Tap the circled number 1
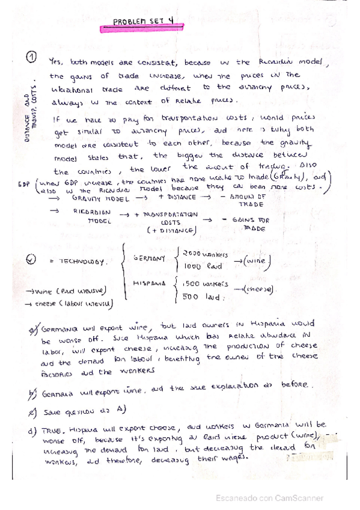pos(32,58)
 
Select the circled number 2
pos(32,261)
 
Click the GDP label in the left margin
pos(23,182)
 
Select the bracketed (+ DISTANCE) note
pos(169,231)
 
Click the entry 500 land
pos(198,296)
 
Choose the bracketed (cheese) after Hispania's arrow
pos(259,289)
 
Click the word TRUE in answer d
pos(51,432)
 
